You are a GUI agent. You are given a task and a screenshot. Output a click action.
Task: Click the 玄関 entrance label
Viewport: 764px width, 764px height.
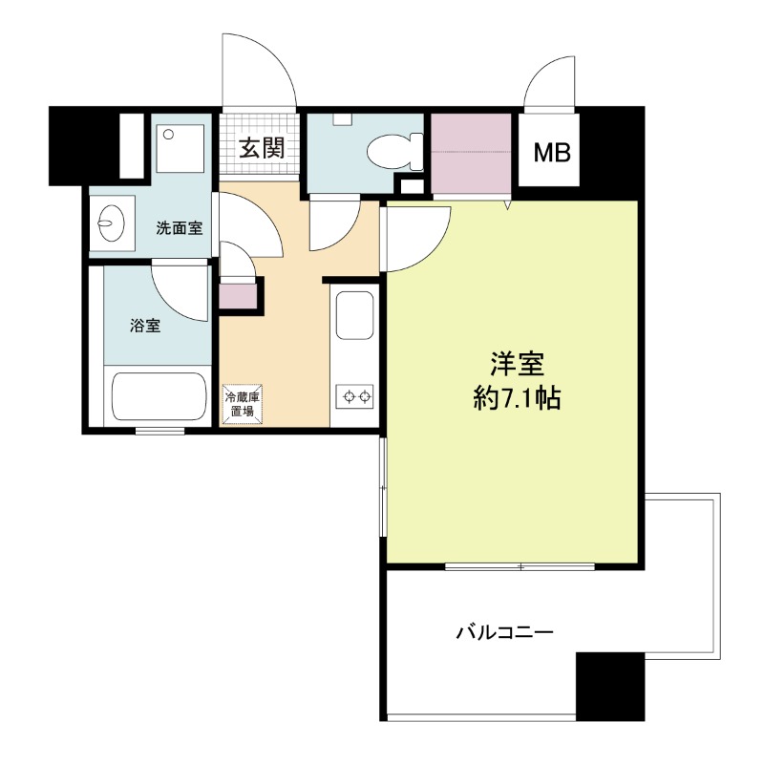point(262,148)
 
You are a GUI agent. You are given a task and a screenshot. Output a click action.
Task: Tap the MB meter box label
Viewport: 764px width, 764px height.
point(552,153)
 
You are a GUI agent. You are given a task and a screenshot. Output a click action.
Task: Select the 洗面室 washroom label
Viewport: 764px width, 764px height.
point(180,228)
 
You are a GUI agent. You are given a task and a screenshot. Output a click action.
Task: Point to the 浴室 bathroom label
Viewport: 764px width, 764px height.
point(145,326)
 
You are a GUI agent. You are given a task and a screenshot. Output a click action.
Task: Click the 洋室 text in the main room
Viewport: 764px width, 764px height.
point(517,364)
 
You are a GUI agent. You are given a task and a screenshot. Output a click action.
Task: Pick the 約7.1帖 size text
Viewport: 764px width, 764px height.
point(517,399)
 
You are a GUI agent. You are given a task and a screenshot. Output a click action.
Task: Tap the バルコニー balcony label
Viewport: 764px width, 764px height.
point(505,633)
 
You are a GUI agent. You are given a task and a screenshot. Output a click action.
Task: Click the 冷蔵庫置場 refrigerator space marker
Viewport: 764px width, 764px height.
point(242,403)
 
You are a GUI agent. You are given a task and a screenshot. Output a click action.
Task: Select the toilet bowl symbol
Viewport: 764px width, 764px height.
point(394,152)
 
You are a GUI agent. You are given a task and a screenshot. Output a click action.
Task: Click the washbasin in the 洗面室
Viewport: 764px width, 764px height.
point(111,223)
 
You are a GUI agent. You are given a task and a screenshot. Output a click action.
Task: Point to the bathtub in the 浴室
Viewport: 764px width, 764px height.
point(159,396)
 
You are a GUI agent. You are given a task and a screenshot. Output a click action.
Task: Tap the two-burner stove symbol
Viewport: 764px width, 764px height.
point(354,396)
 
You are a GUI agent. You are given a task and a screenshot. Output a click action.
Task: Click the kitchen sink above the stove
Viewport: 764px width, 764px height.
point(354,315)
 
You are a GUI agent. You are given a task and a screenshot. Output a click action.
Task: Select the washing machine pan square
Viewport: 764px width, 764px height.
point(180,148)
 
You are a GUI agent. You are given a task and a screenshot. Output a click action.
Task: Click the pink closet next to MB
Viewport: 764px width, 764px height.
point(471,153)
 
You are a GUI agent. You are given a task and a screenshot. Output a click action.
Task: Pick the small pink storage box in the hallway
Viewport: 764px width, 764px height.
point(238,295)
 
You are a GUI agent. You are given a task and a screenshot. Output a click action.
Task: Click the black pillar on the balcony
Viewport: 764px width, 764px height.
point(610,686)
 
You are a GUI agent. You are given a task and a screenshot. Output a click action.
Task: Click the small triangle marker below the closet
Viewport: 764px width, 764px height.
point(507,204)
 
